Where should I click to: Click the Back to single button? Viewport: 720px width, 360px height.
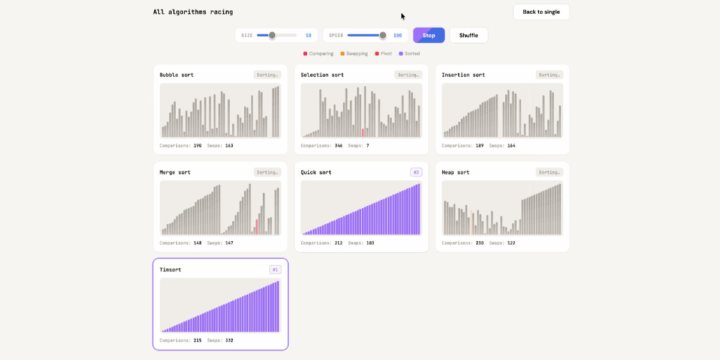(541, 12)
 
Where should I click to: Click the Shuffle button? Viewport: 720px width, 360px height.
(469, 35)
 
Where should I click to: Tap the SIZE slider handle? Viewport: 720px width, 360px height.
(272, 35)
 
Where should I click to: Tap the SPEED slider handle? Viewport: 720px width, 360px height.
(383, 35)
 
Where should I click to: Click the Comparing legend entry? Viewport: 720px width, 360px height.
(318, 53)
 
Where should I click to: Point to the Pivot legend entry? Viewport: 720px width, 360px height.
(383, 53)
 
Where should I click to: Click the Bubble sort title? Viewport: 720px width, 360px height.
(176, 75)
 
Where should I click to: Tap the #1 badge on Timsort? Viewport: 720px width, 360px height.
(275, 269)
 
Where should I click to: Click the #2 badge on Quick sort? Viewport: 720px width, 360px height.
(416, 172)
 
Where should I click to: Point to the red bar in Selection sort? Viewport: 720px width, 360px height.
(362, 133)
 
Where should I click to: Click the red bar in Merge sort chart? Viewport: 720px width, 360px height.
(256, 227)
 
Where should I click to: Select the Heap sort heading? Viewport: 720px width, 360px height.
(455, 172)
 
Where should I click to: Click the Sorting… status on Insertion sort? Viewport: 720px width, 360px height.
(549, 75)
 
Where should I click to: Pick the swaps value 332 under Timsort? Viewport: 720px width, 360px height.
(229, 340)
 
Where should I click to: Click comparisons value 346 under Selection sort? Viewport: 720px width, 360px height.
(338, 145)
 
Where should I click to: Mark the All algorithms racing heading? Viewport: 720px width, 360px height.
(193, 12)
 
